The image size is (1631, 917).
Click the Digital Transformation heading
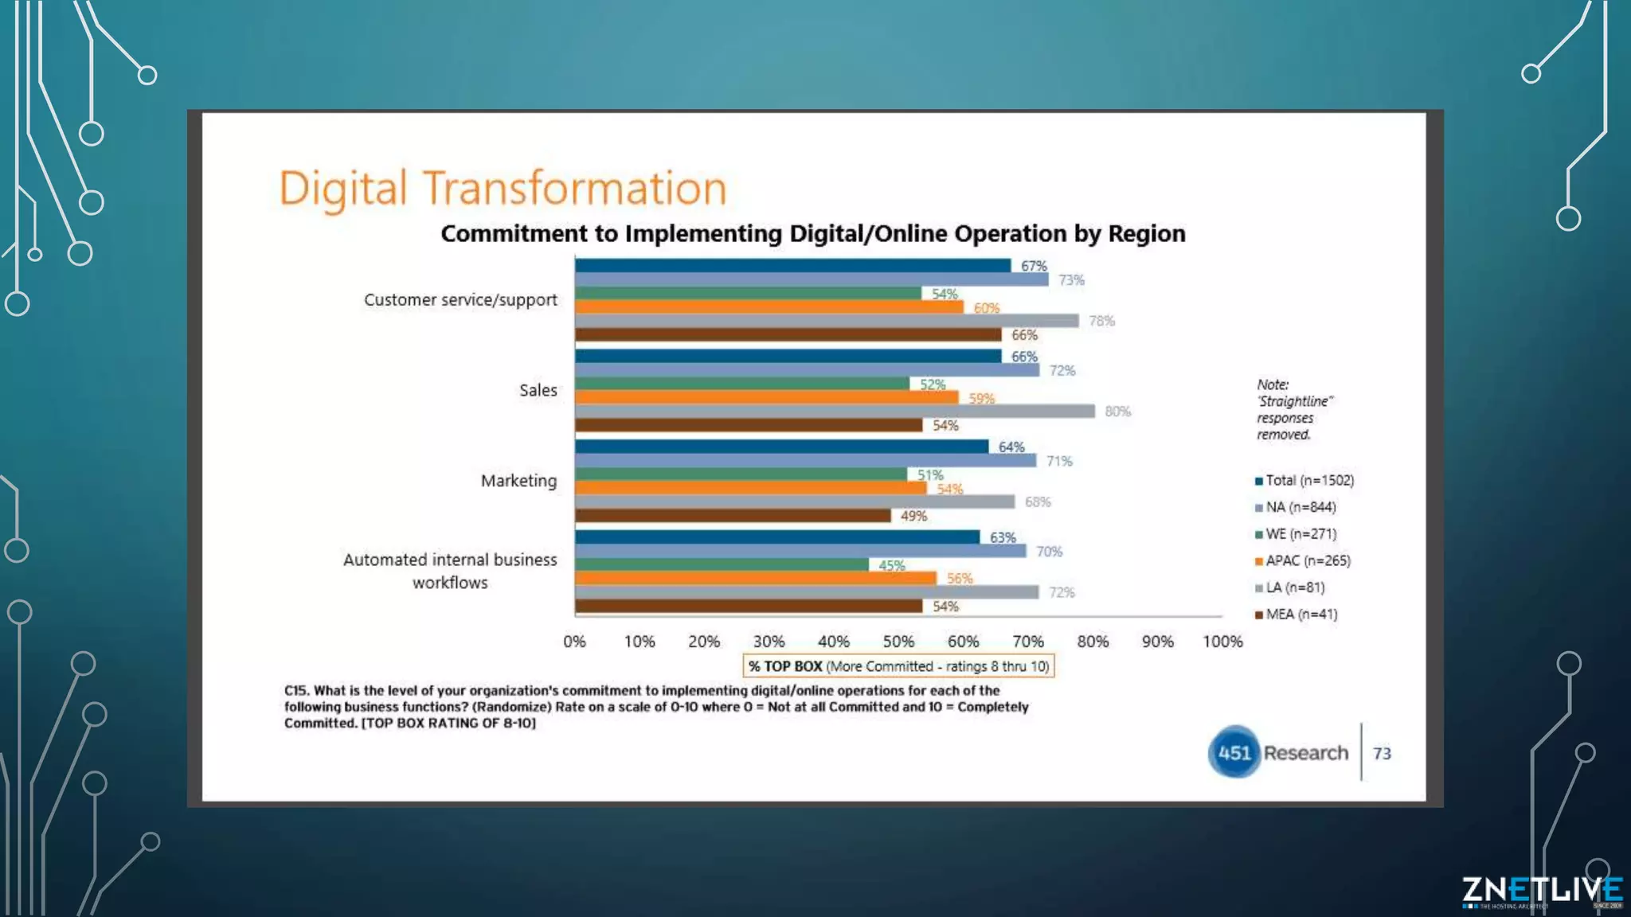point(503,189)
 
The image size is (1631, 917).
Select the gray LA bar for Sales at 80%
point(835,412)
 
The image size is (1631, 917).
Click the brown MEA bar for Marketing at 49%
point(733,516)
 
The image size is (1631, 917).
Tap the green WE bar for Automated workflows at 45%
point(722,564)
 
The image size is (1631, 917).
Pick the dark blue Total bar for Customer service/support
point(792,266)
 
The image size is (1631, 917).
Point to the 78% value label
point(1101,321)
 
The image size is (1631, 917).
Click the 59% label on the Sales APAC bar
point(981,398)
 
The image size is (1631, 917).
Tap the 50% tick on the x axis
point(898,642)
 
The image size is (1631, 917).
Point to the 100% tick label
point(1222,642)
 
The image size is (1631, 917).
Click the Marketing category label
point(518,481)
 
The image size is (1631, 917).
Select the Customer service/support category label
point(460,300)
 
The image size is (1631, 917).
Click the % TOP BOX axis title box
point(898,666)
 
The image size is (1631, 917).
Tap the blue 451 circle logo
point(1234,752)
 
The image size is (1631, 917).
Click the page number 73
point(1382,753)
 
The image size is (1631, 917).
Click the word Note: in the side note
point(1272,384)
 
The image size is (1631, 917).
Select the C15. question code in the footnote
point(296,691)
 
